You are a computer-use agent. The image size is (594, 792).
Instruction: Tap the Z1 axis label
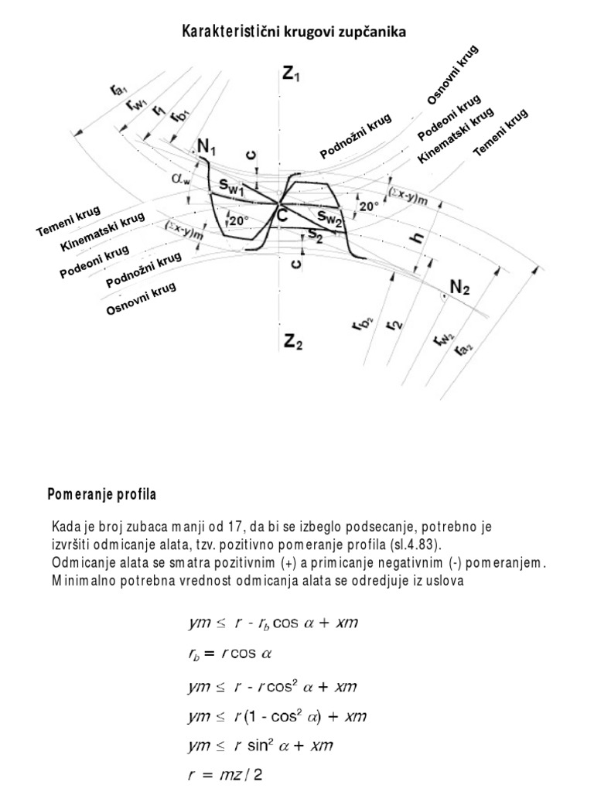[x=292, y=75]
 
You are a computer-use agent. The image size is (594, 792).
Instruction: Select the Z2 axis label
[x=292, y=341]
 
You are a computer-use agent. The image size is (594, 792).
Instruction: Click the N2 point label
[x=459, y=288]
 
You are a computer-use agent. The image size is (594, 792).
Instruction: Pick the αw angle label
[x=182, y=179]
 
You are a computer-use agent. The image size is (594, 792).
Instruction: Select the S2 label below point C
[x=314, y=234]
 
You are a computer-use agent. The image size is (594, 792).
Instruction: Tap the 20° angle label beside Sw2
[x=368, y=207]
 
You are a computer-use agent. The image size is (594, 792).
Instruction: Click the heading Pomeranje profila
[x=102, y=493]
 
